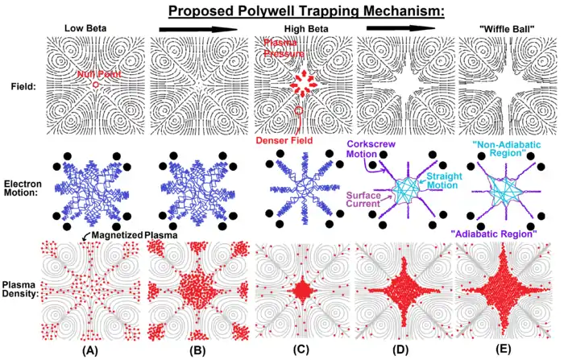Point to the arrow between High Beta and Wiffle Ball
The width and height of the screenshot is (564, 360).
395,29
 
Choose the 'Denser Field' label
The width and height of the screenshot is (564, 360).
292,140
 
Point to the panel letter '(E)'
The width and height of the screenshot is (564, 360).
499,351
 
